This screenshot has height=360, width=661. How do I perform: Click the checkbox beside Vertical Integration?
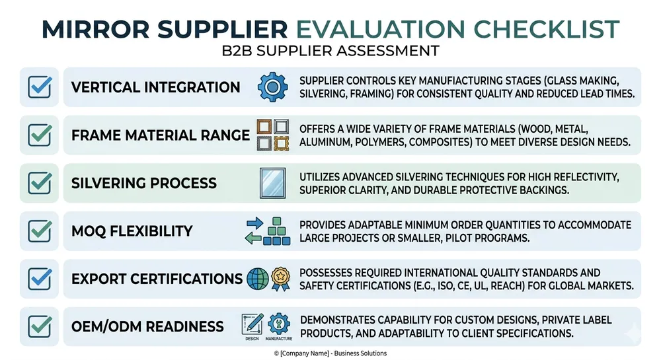tap(40, 87)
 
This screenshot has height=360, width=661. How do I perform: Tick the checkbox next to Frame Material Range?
tap(40, 135)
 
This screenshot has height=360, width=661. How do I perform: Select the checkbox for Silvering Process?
tap(40, 183)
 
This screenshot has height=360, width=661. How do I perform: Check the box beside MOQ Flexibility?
tap(40, 231)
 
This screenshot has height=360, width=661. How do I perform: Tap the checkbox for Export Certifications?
tap(40, 279)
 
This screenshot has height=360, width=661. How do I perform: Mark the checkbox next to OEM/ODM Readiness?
tap(40, 326)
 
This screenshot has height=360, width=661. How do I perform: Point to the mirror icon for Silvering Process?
tap(273, 183)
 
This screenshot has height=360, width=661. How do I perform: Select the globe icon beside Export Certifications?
tap(257, 279)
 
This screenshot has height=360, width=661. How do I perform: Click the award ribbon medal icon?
tap(280, 279)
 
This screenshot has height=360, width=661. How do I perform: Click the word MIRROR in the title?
tap(90, 28)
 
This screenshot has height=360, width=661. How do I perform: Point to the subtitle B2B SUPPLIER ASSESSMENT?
tap(330, 51)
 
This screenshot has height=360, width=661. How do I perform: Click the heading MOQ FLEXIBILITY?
tap(132, 231)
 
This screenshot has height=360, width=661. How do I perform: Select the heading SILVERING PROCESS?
tap(143, 183)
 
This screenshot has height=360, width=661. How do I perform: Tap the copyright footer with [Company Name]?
tap(330, 353)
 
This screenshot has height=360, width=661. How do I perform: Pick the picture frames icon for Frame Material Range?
tap(273, 135)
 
